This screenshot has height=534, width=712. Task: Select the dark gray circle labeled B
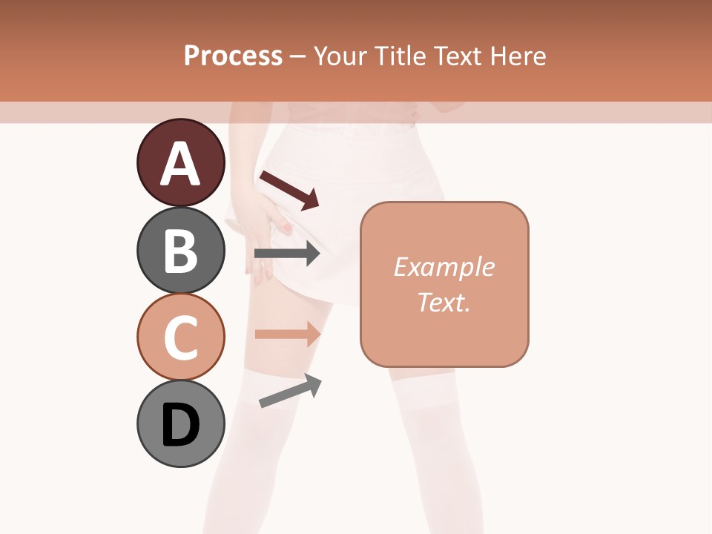pyautogui.click(x=180, y=250)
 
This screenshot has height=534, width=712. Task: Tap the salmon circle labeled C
pyautogui.click(x=180, y=337)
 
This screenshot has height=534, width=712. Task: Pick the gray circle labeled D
pyautogui.click(x=180, y=423)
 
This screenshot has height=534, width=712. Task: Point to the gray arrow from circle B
pyautogui.click(x=287, y=254)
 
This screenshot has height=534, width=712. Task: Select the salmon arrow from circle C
pyautogui.click(x=287, y=333)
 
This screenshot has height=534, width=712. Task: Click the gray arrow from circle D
pyautogui.click(x=290, y=391)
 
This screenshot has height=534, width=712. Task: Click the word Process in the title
pyautogui.click(x=233, y=56)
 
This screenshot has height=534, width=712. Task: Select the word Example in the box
pyautogui.click(x=444, y=267)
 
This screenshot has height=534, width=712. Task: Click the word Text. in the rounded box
pyautogui.click(x=444, y=302)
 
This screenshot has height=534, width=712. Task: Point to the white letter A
pyautogui.click(x=180, y=164)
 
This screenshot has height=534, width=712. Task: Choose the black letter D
pyautogui.click(x=180, y=426)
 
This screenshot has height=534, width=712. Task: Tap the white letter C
pyautogui.click(x=180, y=339)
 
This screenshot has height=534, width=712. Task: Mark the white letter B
pyautogui.click(x=180, y=251)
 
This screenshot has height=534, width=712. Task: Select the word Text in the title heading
pyautogui.click(x=455, y=56)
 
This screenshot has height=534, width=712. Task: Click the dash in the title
pyautogui.click(x=298, y=57)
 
